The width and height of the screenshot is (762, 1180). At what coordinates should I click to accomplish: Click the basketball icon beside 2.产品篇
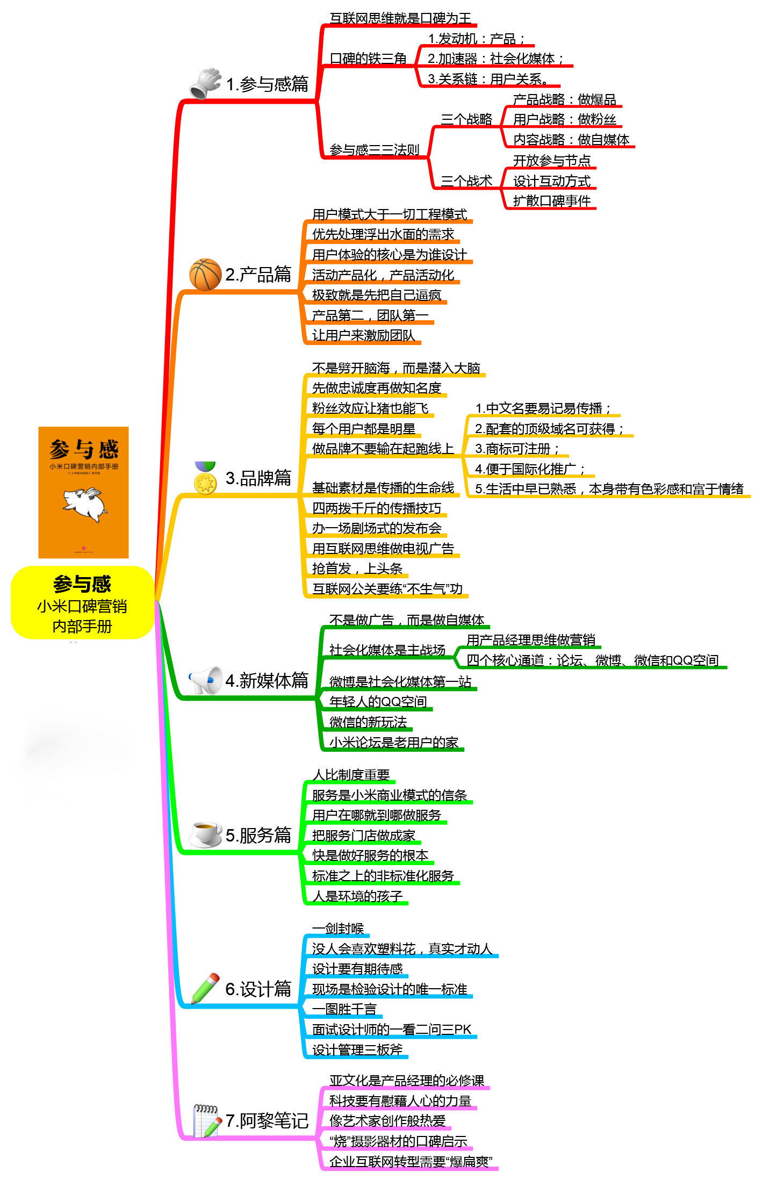point(205,275)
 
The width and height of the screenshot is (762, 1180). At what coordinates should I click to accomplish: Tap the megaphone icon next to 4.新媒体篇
point(205,680)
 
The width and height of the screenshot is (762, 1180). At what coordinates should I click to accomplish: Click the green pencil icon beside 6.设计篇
point(206,988)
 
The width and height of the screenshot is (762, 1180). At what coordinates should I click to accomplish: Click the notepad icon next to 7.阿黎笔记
point(206,1120)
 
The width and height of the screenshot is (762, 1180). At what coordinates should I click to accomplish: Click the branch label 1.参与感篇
point(267,84)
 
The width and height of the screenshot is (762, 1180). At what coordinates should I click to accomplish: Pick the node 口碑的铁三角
point(368,59)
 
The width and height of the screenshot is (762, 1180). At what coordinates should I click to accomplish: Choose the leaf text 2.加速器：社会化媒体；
point(495,59)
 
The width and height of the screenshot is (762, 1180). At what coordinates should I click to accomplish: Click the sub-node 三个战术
point(466,181)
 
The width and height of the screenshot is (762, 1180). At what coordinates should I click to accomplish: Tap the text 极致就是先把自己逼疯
point(377,295)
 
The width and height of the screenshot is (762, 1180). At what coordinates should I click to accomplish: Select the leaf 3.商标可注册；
point(517,449)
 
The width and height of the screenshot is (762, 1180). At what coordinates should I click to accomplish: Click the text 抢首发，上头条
point(357,569)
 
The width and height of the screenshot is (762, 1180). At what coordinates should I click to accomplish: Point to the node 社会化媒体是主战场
point(387,650)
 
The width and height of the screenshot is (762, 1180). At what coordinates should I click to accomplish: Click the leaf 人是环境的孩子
point(357,896)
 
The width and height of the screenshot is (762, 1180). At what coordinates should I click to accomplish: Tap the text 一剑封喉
point(338,929)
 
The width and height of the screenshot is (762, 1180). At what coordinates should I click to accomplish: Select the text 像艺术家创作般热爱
point(387,1121)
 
